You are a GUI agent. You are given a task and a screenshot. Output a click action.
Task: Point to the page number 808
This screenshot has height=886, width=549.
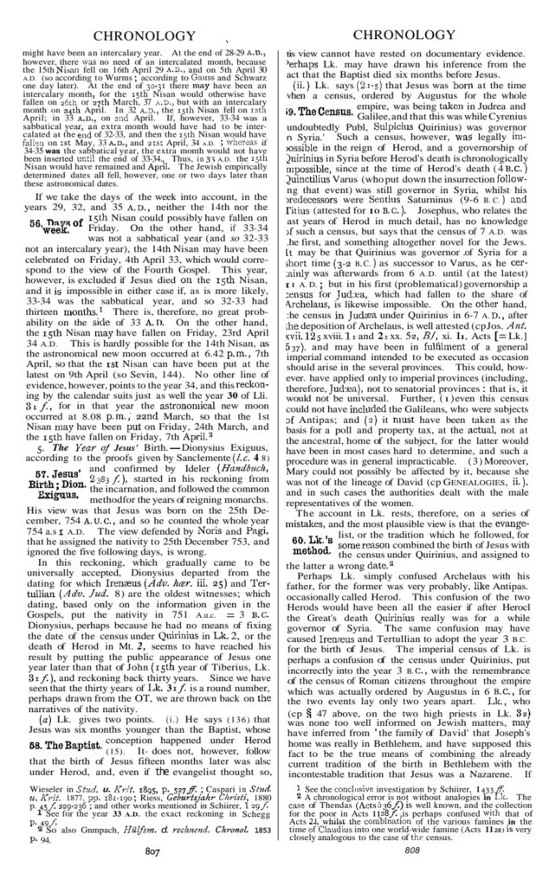[x=411, y=874]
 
